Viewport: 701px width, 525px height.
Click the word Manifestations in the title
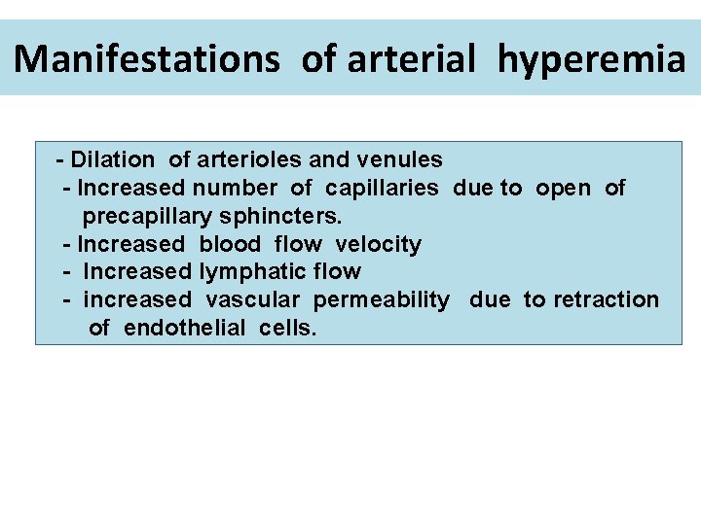pos(147,59)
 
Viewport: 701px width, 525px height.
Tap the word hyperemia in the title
pos(591,59)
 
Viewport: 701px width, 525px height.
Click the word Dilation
pos(112,159)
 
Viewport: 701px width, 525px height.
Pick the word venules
pos(400,159)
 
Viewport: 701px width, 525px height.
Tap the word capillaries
pos(382,188)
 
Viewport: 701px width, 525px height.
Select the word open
pos(563,188)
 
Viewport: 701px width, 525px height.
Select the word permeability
pos(382,300)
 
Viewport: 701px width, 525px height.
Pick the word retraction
pos(606,300)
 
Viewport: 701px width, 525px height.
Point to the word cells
pos(288,329)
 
